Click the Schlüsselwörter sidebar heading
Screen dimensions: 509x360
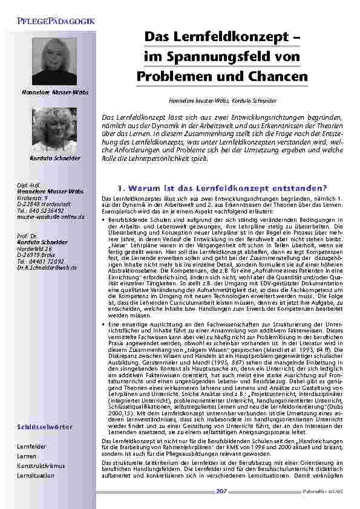coord(45,427)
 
